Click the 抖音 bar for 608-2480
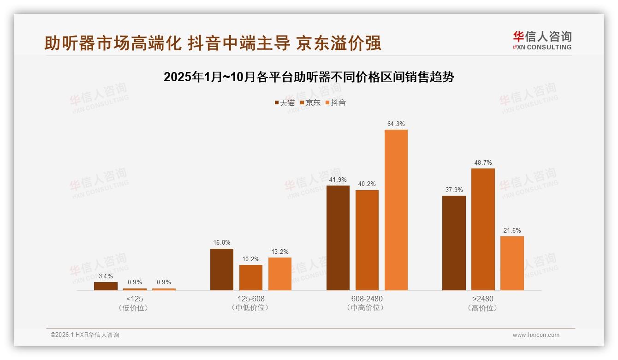[396, 210]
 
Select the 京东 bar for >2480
[483, 229]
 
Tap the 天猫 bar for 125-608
[222, 270]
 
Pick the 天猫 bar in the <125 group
[106, 286]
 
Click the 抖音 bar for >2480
[512, 263]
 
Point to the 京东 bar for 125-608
[251, 277]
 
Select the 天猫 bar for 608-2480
[338, 238]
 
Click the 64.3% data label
[396, 124]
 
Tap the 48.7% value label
[483, 162]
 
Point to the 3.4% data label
[106, 276]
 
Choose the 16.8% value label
[222, 243]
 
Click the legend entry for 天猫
[285, 103]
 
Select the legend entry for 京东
[310, 103]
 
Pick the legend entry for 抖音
[336, 103]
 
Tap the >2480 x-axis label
[483, 299]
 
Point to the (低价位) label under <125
[135, 308]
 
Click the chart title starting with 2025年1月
[309, 77]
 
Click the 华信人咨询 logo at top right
[542, 40]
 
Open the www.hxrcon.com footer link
[536, 335]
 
